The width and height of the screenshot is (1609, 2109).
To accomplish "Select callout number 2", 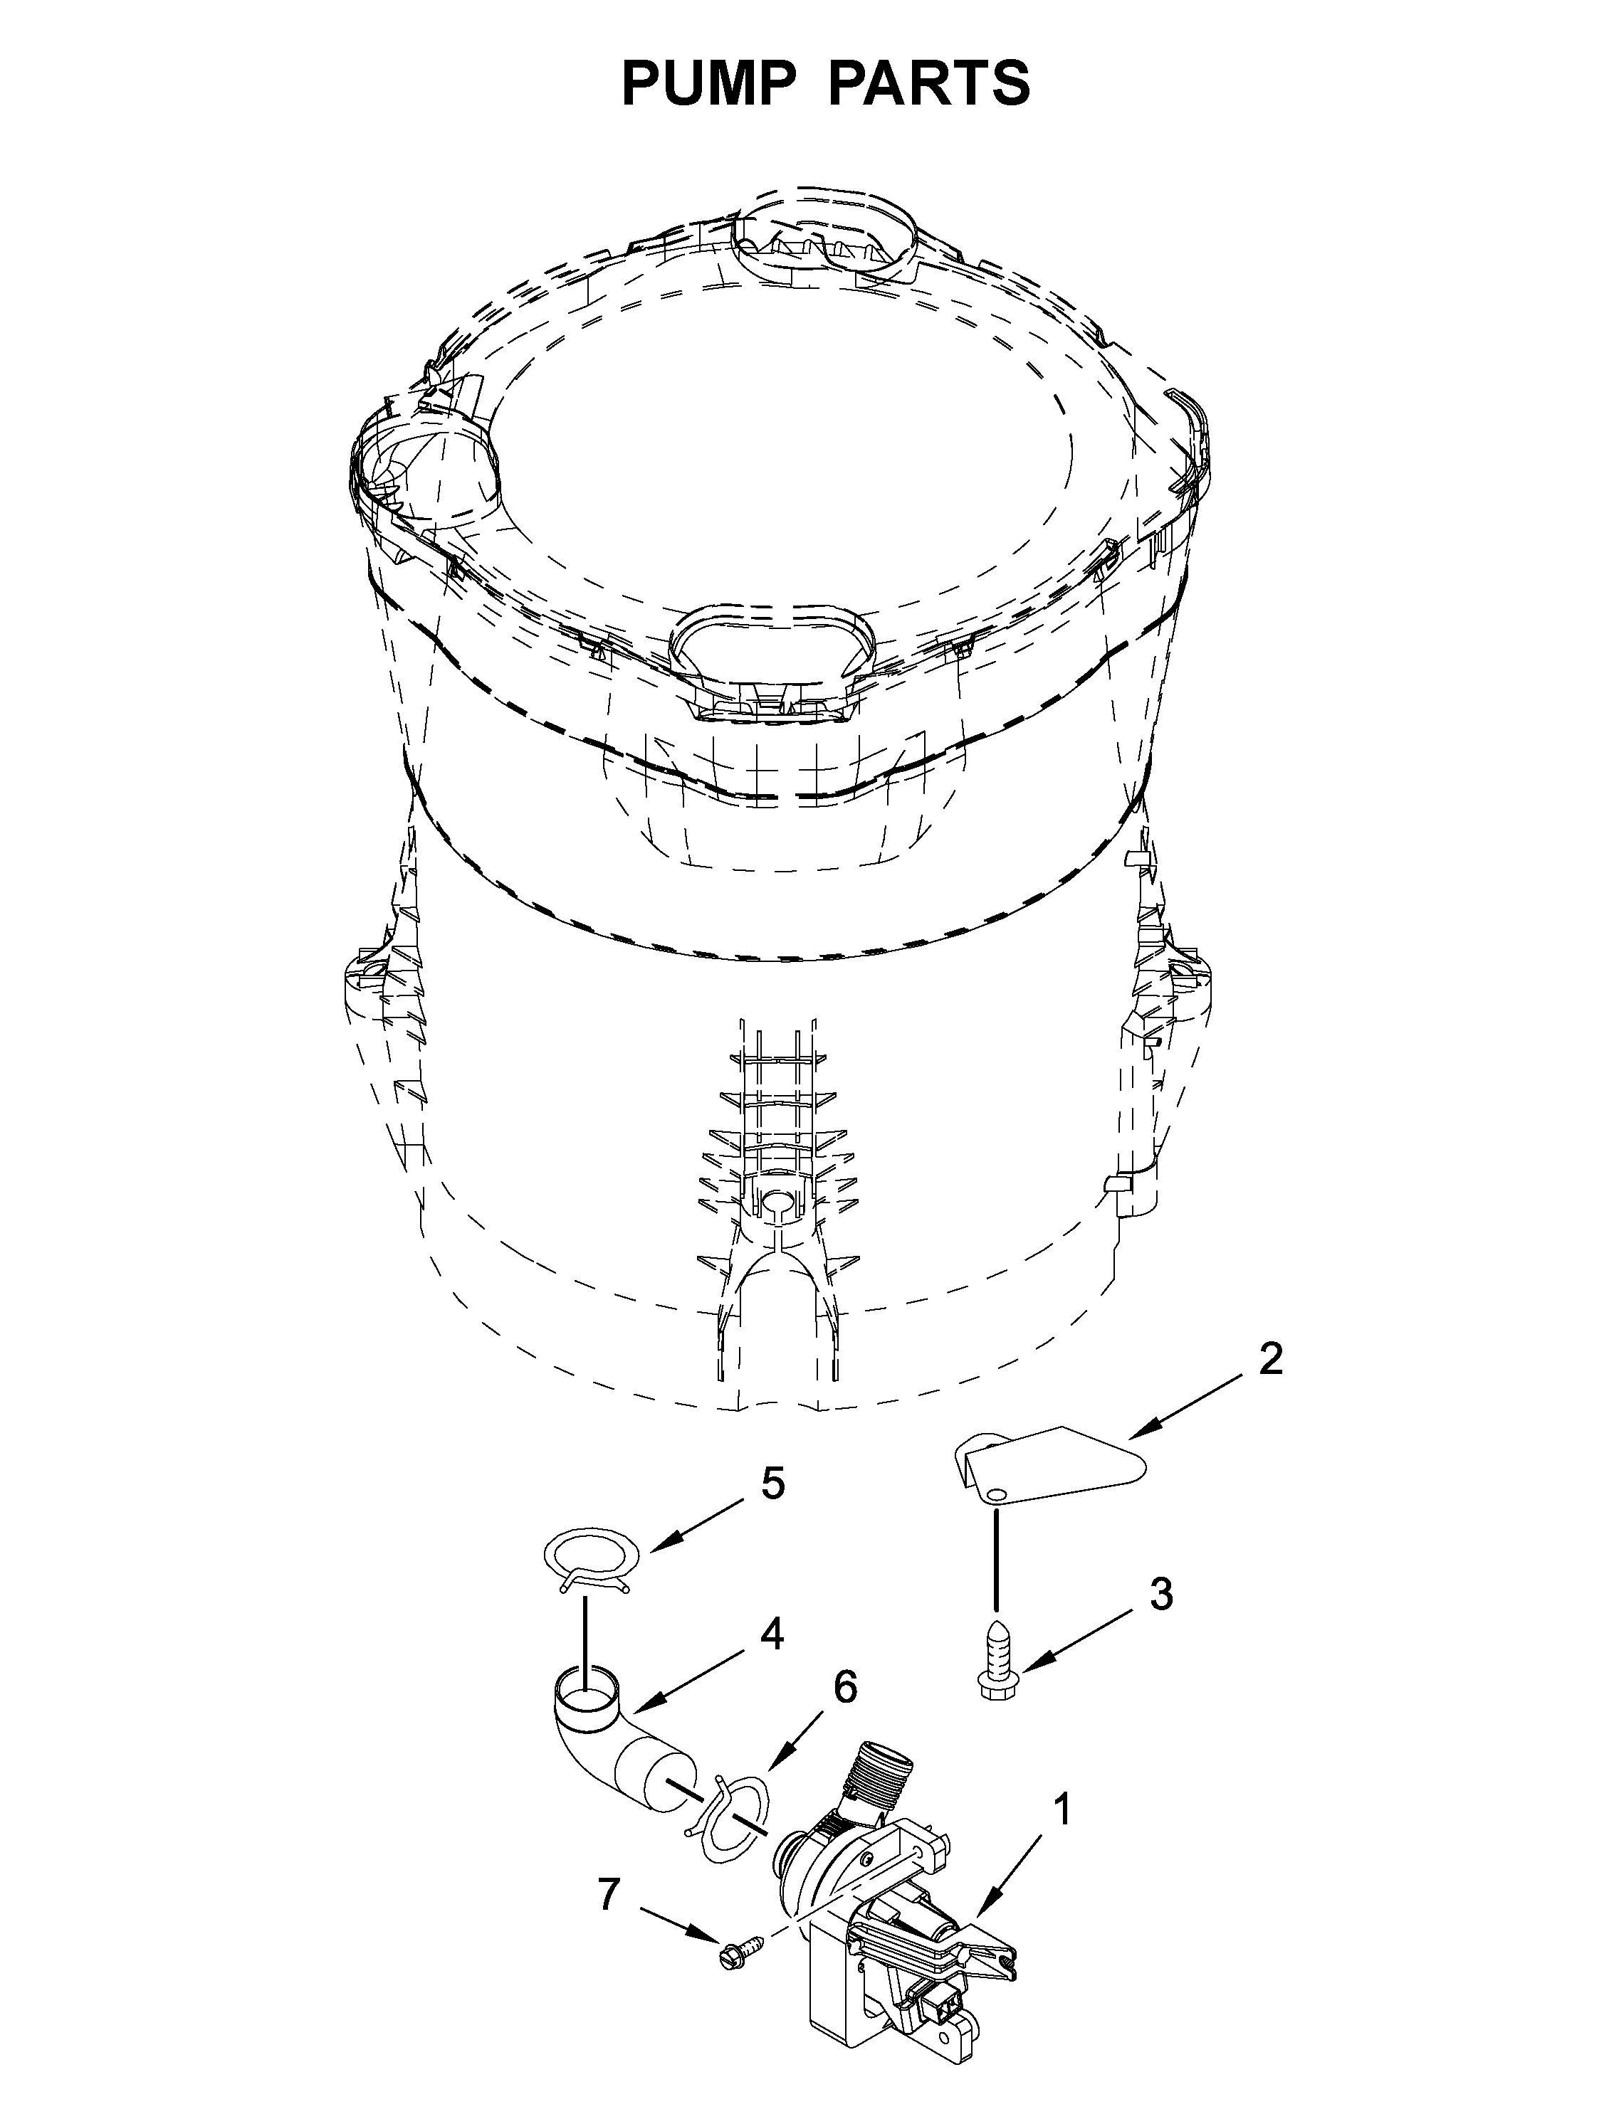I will click(x=1270, y=1360).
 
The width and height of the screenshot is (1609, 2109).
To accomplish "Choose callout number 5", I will click(x=772, y=1483).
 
